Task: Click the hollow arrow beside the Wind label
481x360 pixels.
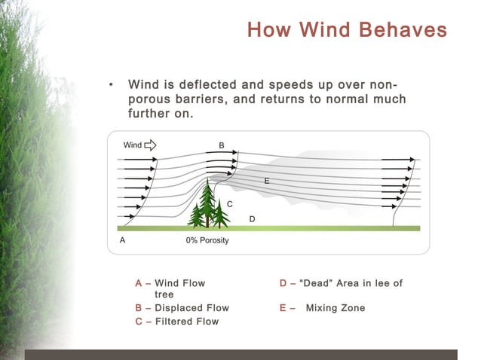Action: coord(150,145)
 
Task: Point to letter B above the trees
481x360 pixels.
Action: coord(222,145)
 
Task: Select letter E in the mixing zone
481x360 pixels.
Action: coord(267,182)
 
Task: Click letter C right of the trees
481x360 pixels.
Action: coord(230,204)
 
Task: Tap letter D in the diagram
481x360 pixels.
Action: coord(252,218)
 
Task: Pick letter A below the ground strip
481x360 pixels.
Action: coord(123,240)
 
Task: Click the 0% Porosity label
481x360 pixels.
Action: coord(207,240)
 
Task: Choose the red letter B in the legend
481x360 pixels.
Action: coord(139,308)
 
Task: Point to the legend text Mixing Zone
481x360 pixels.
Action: coord(335,308)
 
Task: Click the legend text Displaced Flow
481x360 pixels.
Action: coord(191,308)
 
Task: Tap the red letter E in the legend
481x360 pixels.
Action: coord(283,308)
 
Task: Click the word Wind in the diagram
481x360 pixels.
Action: coord(132,145)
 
